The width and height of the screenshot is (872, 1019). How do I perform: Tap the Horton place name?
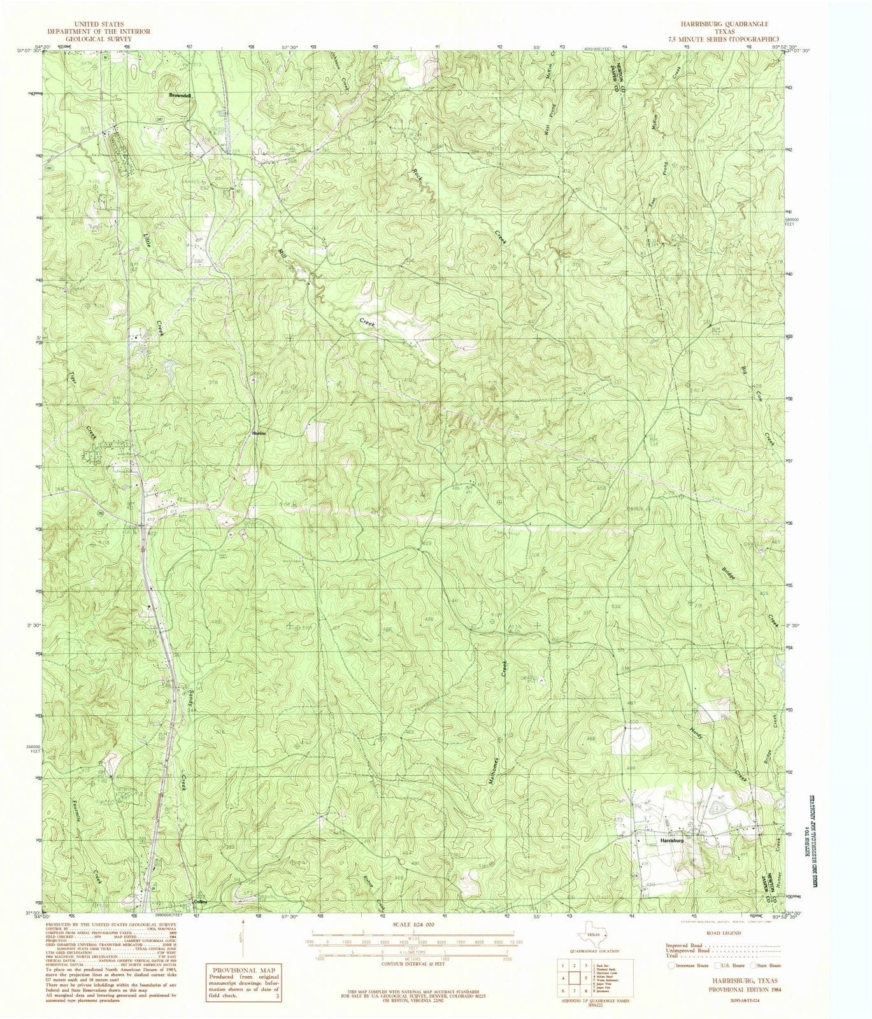click(257, 434)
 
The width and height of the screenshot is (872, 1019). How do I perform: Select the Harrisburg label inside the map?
click(672, 841)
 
